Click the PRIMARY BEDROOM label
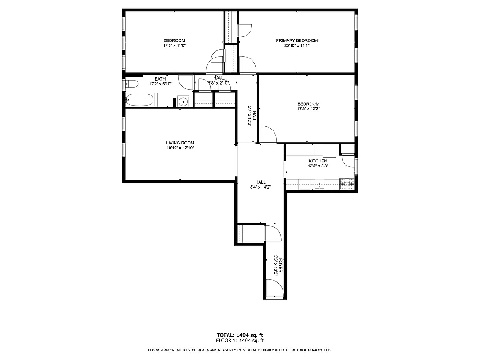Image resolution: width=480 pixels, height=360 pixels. (x=296, y=40)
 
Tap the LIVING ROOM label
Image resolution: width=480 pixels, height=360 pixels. (x=180, y=143)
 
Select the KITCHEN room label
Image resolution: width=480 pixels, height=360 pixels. (x=318, y=161)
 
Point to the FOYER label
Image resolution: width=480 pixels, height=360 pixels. (x=281, y=264)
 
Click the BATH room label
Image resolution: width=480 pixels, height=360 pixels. (x=160, y=79)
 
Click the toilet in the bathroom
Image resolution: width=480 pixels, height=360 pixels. (x=130, y=84)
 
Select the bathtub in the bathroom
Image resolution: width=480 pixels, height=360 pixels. (x=140, y=100)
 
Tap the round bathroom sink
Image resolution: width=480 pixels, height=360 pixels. (x=183, y=102)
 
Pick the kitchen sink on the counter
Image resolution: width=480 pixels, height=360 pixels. (x=320, y=184)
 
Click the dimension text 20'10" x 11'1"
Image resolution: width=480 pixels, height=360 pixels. (x=296, y=45)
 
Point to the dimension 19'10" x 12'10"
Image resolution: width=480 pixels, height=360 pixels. (x=180, y=148)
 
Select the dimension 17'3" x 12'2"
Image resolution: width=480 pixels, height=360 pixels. (x=308, y=108)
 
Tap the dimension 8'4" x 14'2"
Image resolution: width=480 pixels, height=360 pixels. (x=260, y=187)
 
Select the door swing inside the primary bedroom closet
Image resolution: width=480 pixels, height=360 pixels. (x=244, y=30)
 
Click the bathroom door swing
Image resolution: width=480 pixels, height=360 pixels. (x=185, y=81)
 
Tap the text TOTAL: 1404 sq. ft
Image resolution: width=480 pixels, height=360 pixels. (x=240, y=335)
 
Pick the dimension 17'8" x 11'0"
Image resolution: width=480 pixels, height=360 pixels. (x=174, y=45)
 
